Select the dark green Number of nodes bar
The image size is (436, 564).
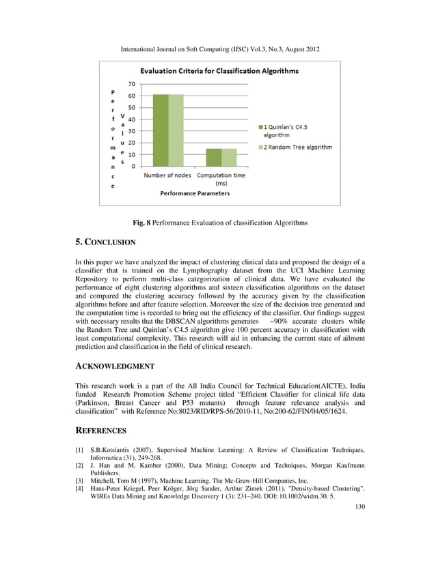pyautogui.click(x=160, y=130)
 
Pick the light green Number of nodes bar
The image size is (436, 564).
pyautogui.click(x=176, y=130)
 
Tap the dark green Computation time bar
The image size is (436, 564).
pyautogui.click(x=213, y=158)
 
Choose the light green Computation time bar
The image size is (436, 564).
pyautogui.click(x=229, y=158)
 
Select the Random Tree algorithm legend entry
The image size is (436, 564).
pyautogui.click(x=297, y=147)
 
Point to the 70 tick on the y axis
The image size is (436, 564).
pyautogui.click(x=133, y=84)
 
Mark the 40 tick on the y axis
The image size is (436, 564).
pyautogui.click(x=133, y=119)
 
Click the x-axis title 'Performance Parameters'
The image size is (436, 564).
pyautogui.click(x=195, y=193)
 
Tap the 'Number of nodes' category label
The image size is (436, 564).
pyautogui.click(x=167, y=175)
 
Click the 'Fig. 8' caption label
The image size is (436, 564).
pyautogui.click(x=141, y=223)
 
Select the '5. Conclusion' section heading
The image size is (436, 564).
pyautogui.click(x=105, y=242)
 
